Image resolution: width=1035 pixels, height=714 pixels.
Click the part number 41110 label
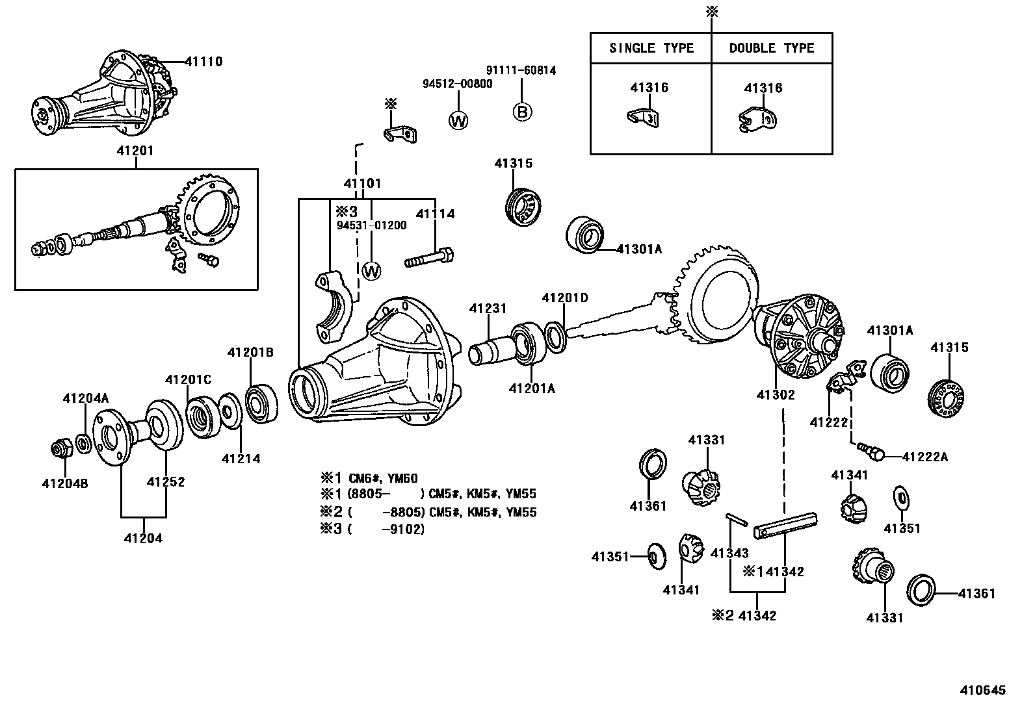pos(203,62)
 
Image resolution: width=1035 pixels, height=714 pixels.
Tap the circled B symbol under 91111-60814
pos(522,112)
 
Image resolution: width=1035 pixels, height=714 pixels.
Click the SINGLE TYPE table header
pos(651,48)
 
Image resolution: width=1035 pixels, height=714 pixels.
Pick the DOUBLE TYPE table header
pos(771,48)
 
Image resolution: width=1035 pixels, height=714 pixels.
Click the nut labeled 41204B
pos(60,448)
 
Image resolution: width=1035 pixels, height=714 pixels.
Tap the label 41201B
pos(250,352)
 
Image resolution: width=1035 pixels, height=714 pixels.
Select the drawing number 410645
pos(982,690)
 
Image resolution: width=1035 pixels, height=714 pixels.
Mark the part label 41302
pos(776,394)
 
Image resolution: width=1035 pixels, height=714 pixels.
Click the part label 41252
pos(165,481)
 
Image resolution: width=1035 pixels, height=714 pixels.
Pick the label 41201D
pos(564,298)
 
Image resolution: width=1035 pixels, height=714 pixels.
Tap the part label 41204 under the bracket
pos(143,537)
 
